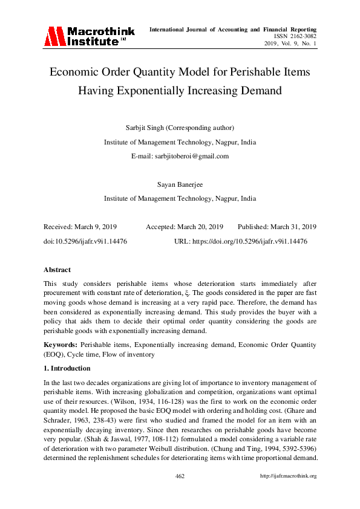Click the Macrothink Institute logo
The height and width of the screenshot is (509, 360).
coord(88,36)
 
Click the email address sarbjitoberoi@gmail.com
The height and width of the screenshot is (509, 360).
coord(180,156)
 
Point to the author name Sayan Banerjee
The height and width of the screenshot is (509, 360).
coord(180,184)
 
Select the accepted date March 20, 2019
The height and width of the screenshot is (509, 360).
coord(200,227)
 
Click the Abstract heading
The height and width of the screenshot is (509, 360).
coord(57,270)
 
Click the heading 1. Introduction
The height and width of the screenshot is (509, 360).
coord(67,368)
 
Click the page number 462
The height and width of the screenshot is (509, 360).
coord(180,476)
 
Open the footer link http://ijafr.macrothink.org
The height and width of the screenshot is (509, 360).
coord(288,476)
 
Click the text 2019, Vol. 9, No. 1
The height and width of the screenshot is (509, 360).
coord(290,44)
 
